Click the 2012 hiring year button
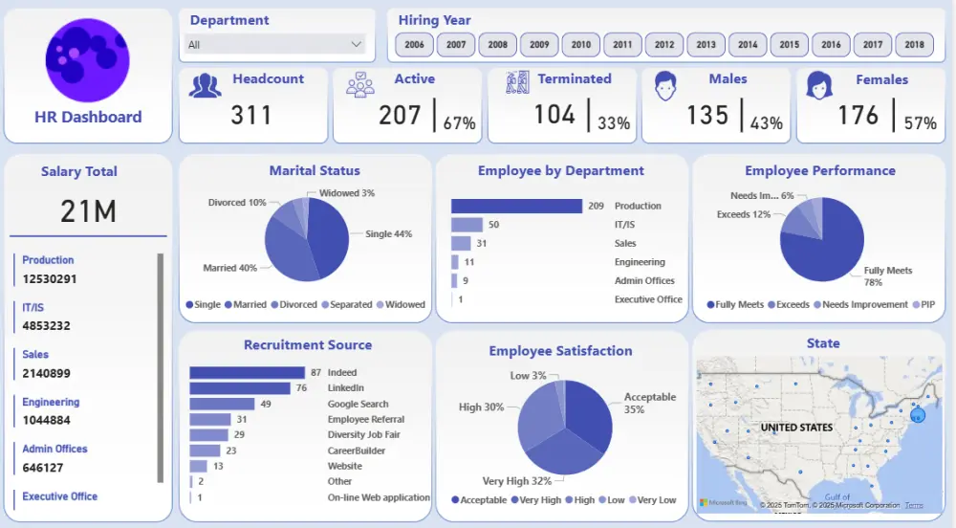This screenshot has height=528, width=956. (664, 45)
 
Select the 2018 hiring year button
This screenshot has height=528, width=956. (915, 45)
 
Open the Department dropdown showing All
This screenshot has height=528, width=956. (277, 44)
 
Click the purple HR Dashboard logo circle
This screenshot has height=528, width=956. (87, 60)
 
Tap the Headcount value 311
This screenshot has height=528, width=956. (251, 116)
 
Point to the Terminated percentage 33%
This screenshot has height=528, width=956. (614, 122)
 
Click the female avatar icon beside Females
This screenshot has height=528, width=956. (819, 86)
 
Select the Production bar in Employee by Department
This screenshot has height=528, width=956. (516, 206)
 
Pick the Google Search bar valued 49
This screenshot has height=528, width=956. (222, 404)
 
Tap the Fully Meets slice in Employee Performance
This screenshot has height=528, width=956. (817, 249)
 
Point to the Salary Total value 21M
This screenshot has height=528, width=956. (88, 211)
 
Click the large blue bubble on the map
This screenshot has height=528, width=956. (919, 414)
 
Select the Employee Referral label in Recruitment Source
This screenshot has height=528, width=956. (365, 419)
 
